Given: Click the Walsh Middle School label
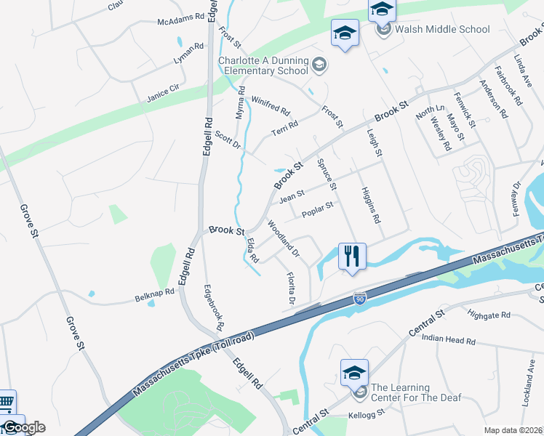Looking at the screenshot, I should [442, 30].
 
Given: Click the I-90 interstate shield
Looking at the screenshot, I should [359, 299].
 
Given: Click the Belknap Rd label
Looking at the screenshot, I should [155, 294].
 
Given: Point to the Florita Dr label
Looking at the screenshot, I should [290, 287].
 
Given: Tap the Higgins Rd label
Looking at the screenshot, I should [371, 204].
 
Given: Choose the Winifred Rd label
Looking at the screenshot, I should [271, 107].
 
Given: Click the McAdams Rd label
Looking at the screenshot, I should [181, 20].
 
